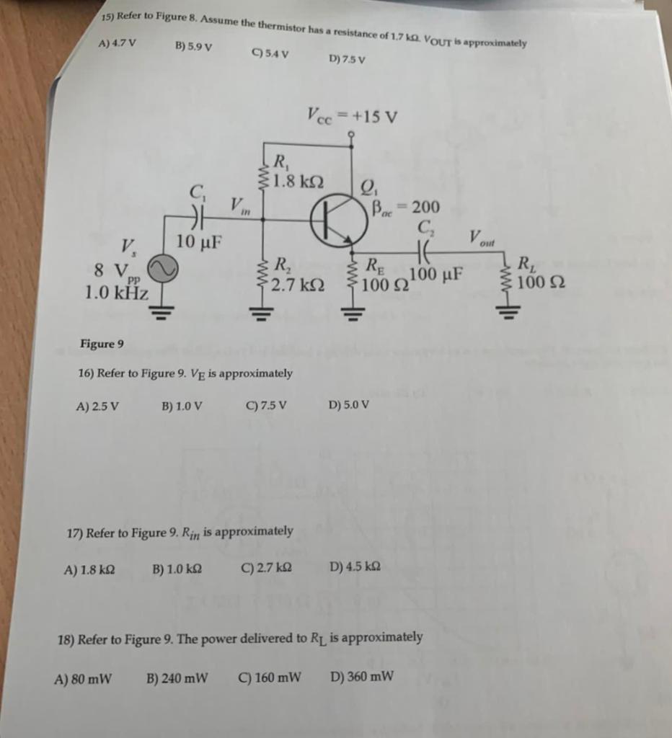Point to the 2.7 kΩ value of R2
tap(297, 285)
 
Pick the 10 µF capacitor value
tap(199, 241)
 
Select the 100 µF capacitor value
tap(436, 275)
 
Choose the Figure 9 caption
tap(102, 344)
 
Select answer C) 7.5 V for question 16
tap(266, 404)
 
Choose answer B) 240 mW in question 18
tap(177, 677)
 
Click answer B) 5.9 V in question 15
tap(193, 47)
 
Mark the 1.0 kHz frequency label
tap(116, 293)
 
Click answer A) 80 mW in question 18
tap(84, 678)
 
